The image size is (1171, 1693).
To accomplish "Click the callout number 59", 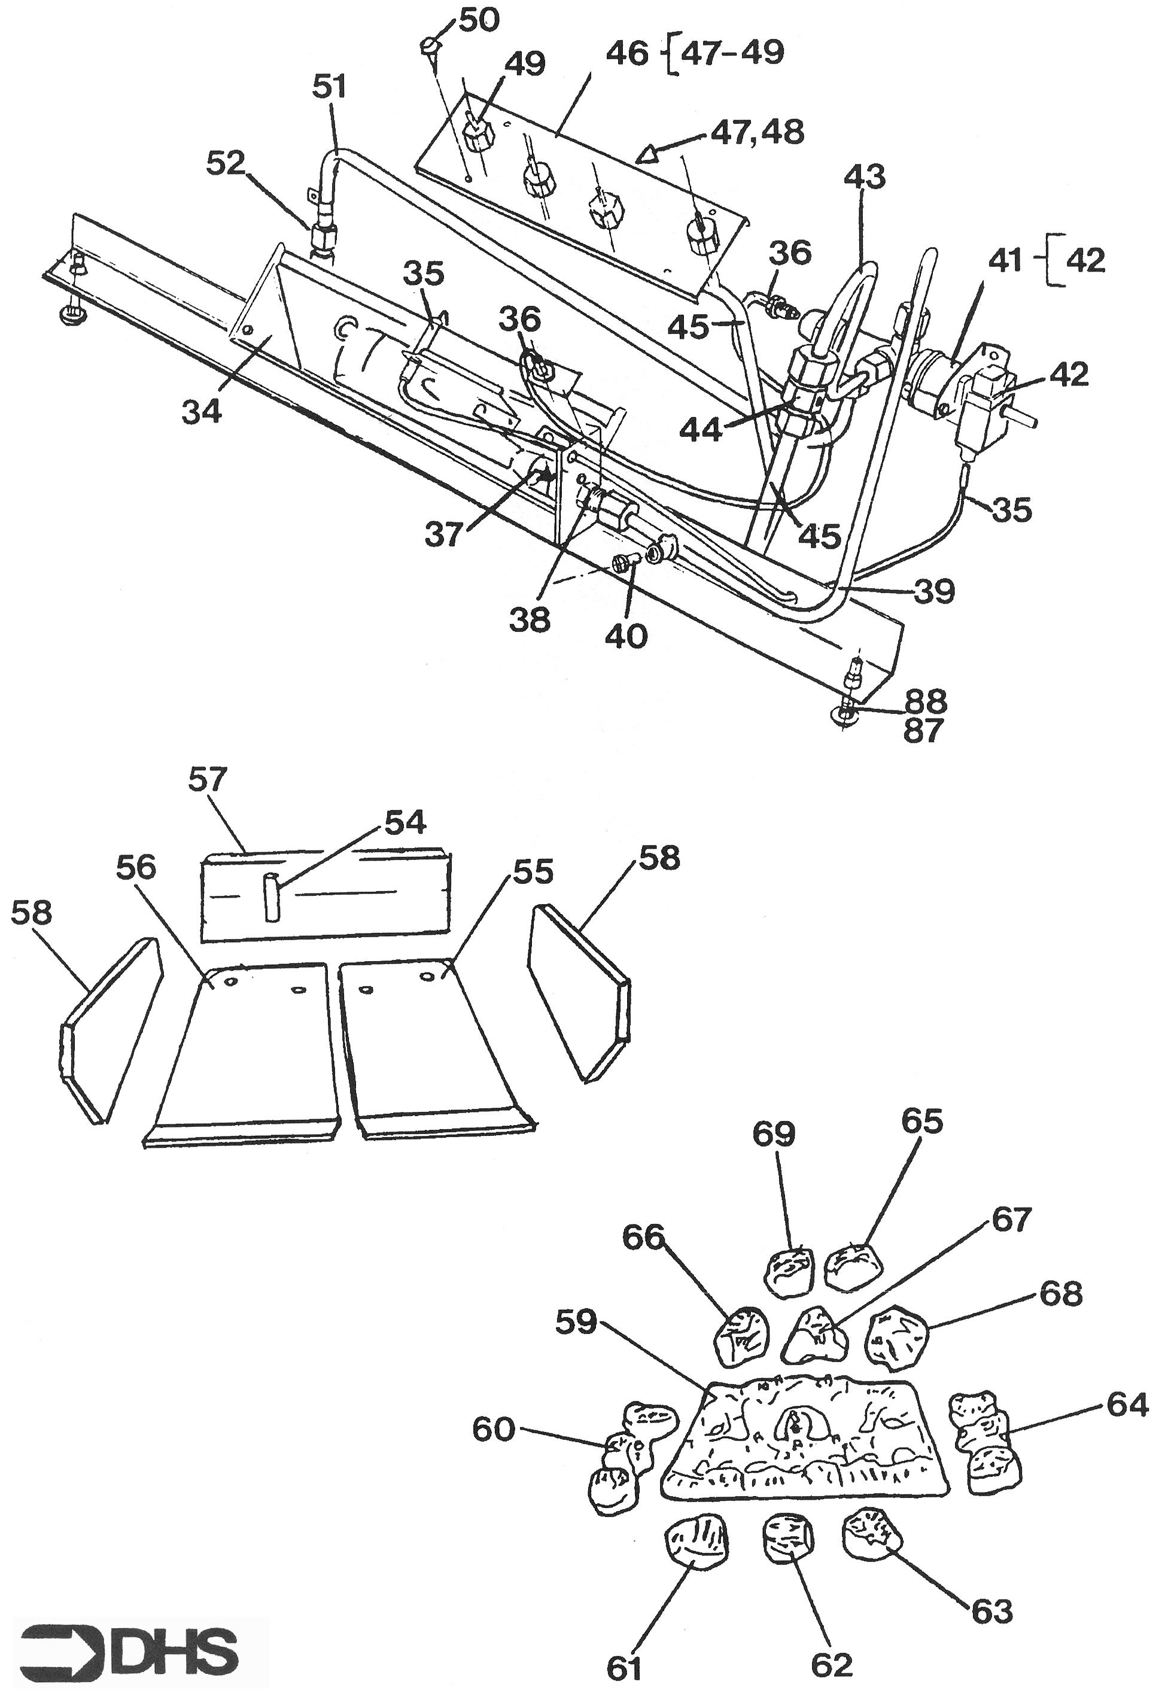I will click(576, 1326).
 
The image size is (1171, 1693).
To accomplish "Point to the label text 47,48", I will click(756, 133).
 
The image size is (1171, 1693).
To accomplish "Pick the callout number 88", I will click(925, 701).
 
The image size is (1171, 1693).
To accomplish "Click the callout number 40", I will click(626, 636).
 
